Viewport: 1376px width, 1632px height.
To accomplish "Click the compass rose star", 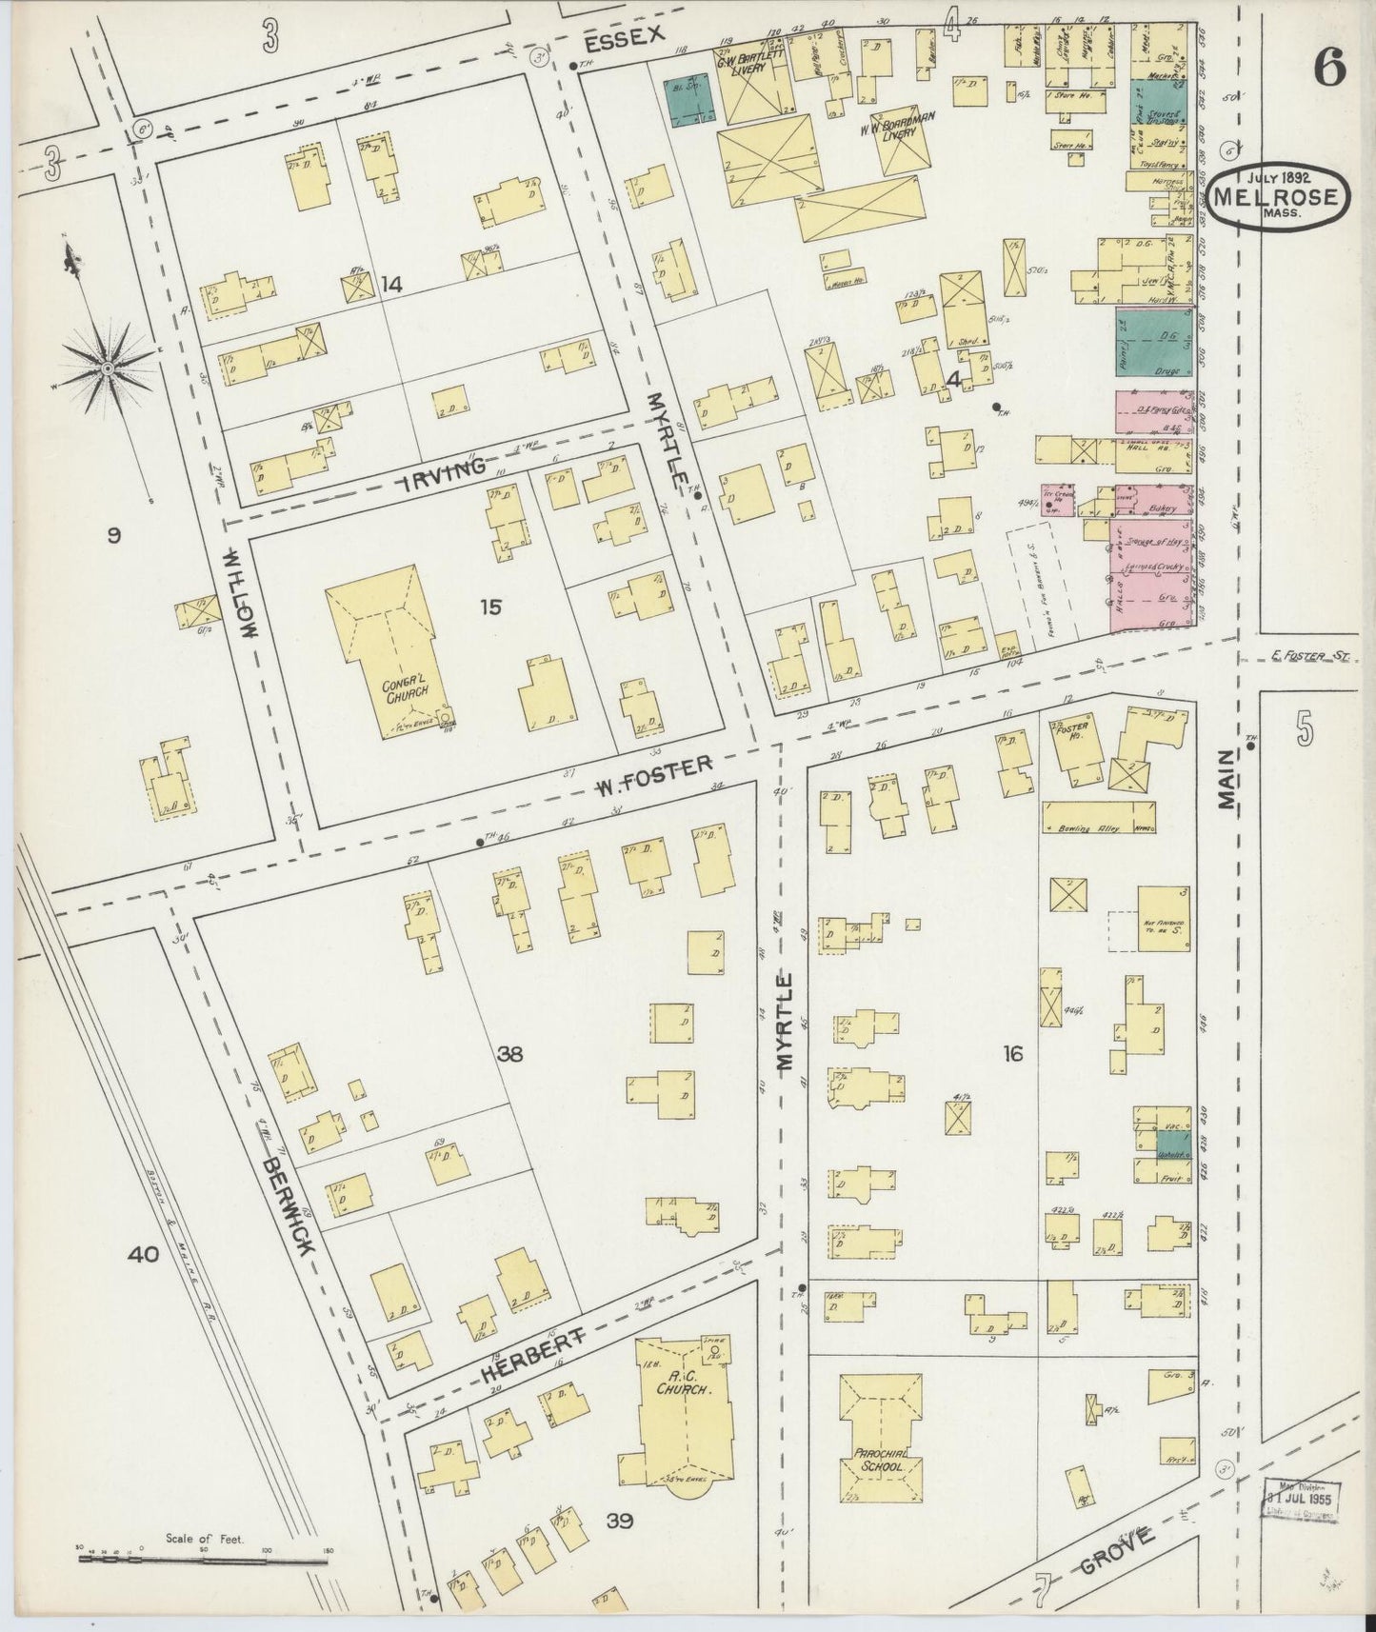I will (x=108, y=367).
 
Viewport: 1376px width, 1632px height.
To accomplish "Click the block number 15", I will (x=489, y=606).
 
